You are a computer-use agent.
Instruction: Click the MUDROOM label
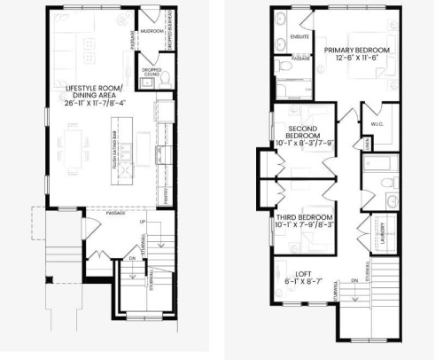coord(152,29)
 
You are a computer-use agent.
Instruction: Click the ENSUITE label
coord(299,38)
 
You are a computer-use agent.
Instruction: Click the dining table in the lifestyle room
coord(71,150)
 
